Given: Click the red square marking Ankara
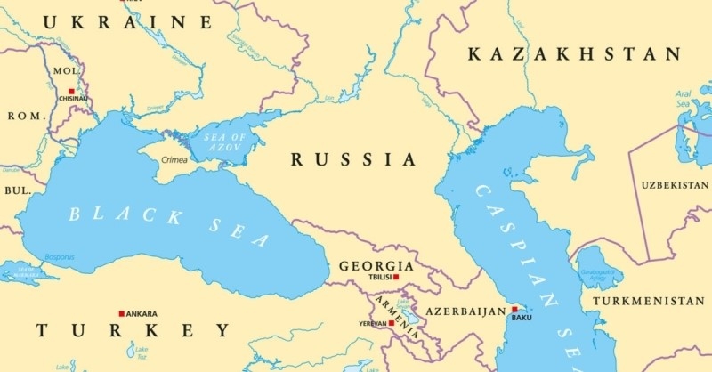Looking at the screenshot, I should (121, 313).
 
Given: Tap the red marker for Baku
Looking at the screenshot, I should (514, 310).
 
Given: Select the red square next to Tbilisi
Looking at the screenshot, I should (397, 277).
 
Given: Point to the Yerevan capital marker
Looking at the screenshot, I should (391, 323).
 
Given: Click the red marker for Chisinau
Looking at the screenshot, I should (70, 90).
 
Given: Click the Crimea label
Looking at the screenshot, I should (174, 160).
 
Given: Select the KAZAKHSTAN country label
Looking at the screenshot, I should (573, 55).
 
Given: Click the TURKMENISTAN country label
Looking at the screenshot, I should (651, 302).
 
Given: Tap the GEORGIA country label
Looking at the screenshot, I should (376, 265).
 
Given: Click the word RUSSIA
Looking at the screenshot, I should (353, 160).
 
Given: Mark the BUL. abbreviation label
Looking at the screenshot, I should (16, 190).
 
